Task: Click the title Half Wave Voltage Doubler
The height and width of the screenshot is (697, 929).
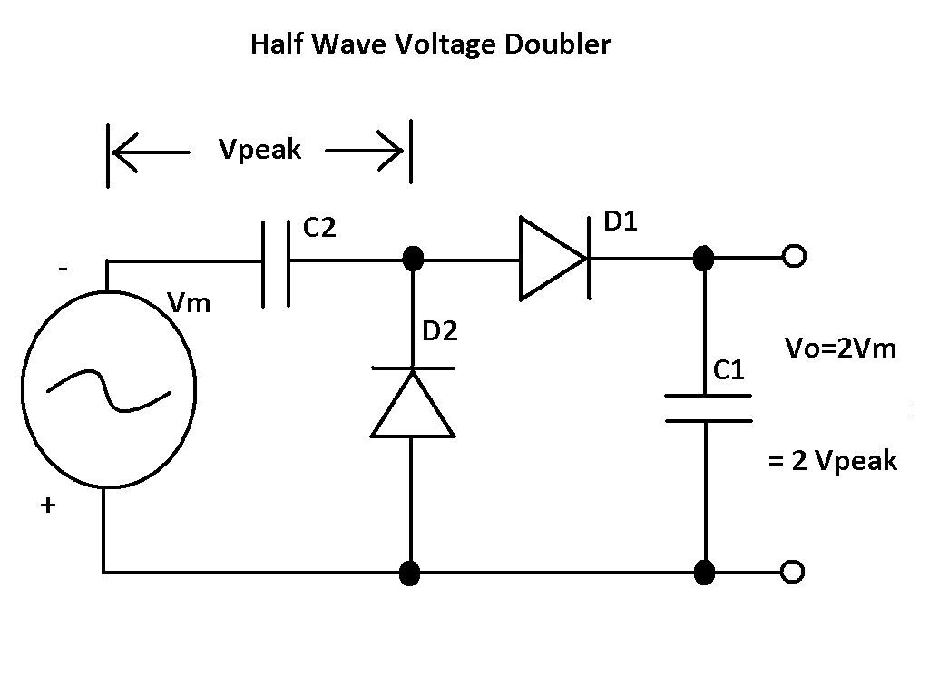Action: point(431,44)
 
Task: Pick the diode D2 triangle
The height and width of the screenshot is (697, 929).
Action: point(413,403)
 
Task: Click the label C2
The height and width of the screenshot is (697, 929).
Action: point(319,228)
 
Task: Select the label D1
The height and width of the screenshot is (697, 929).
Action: point(621,221)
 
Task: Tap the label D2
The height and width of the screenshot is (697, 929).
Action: point(440,331)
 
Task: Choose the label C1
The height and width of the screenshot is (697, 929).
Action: point(729,370)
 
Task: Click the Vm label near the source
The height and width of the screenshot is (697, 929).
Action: point(190,303)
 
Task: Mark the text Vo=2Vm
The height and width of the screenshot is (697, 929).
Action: point(839,348)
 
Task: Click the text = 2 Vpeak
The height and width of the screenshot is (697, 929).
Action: point(832,461)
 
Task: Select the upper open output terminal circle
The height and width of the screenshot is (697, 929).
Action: point(794,258)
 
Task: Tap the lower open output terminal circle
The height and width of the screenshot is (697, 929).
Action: point(794,572)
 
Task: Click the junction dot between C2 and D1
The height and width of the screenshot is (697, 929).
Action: point(413,259)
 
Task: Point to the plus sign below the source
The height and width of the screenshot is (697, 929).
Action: point(47,506)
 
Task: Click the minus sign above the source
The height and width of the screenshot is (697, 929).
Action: point(63,270)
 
